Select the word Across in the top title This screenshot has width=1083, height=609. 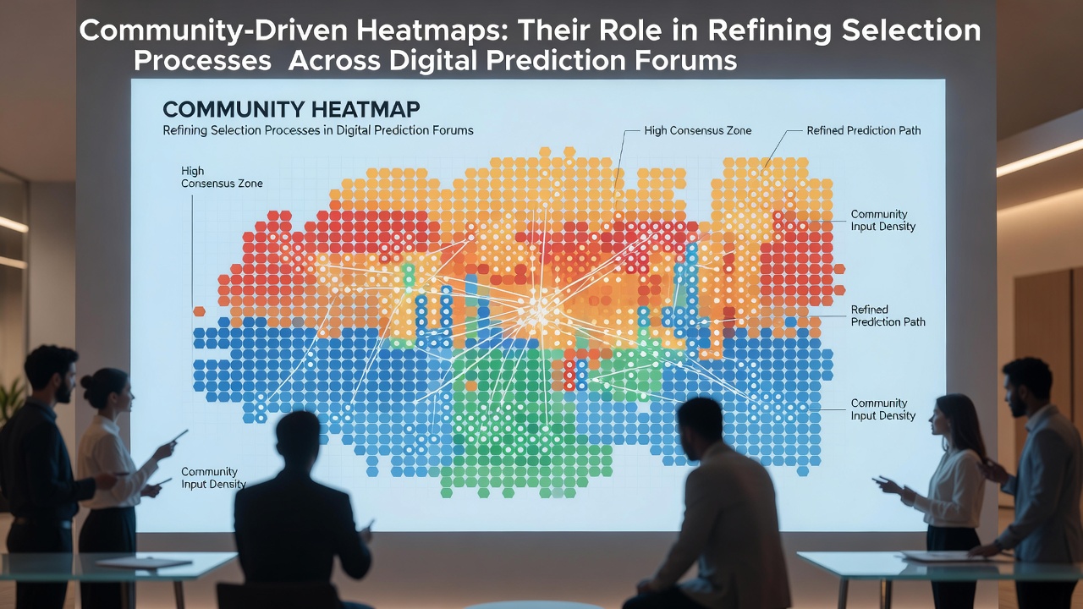click(x=333, y=61)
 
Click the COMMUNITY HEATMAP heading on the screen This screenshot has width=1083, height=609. click(x=291, y=110)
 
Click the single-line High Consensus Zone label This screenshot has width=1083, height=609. click(x=698, y=130)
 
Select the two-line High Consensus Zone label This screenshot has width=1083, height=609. click(x=222, y=177)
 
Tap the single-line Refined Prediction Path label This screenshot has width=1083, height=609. click(x=864, y=130)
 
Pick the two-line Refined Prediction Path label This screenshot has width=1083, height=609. click(x=888, y=315)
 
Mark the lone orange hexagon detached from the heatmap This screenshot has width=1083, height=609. click(x=199, y=311)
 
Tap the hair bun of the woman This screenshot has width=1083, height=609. click(x=87, y=381)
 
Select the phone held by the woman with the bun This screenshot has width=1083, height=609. click(x=179, y=436)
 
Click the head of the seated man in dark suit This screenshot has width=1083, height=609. click(x=298, y=441)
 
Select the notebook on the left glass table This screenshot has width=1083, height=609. click(x=144, y=562)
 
